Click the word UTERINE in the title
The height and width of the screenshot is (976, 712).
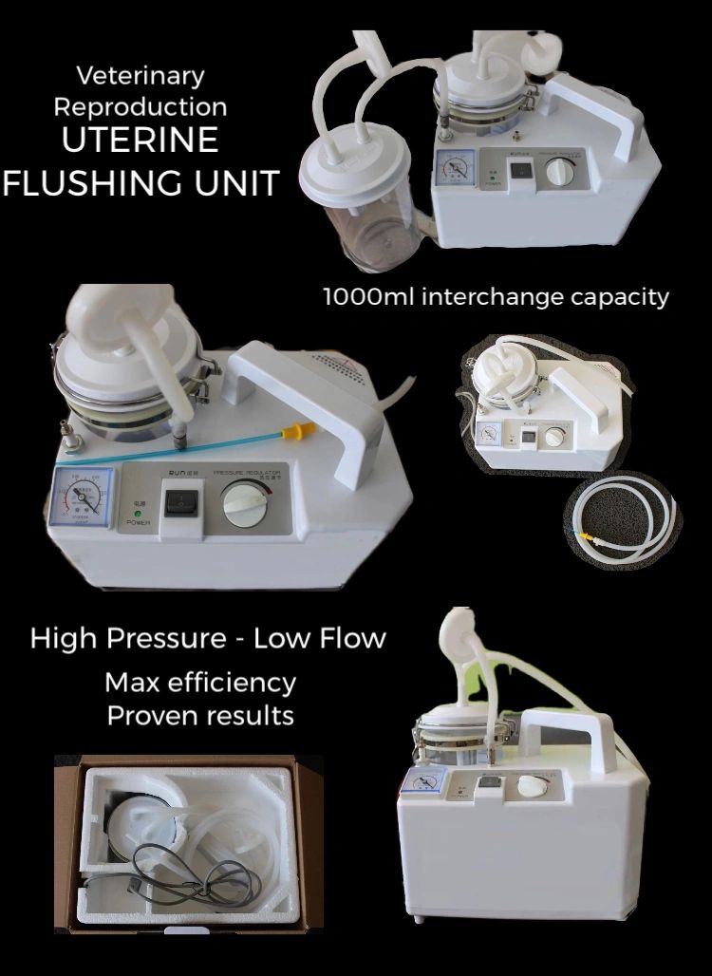(x=140, y=141)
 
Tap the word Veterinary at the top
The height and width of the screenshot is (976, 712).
(x=140, y=75)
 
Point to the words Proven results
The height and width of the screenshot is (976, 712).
(x=200, y=715)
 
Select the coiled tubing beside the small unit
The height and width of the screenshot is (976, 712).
(x=622, y=516)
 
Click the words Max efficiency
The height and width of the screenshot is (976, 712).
(x=200, y=682)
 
